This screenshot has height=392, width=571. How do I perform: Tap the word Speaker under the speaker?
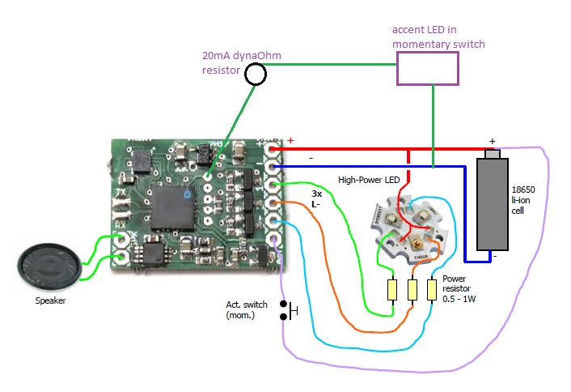coord(50,300)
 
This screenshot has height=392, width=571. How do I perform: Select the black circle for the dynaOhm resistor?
coord(256,75)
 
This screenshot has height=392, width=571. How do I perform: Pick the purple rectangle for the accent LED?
coord(427,69)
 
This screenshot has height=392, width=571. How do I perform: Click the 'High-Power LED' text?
coord(368,180)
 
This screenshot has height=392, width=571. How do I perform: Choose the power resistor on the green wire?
coord(392,289)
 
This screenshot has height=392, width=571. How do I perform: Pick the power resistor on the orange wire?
coord(413,289)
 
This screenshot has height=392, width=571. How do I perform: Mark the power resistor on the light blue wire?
coord(433,289)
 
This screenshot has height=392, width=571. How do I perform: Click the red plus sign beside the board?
coord(290,139)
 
